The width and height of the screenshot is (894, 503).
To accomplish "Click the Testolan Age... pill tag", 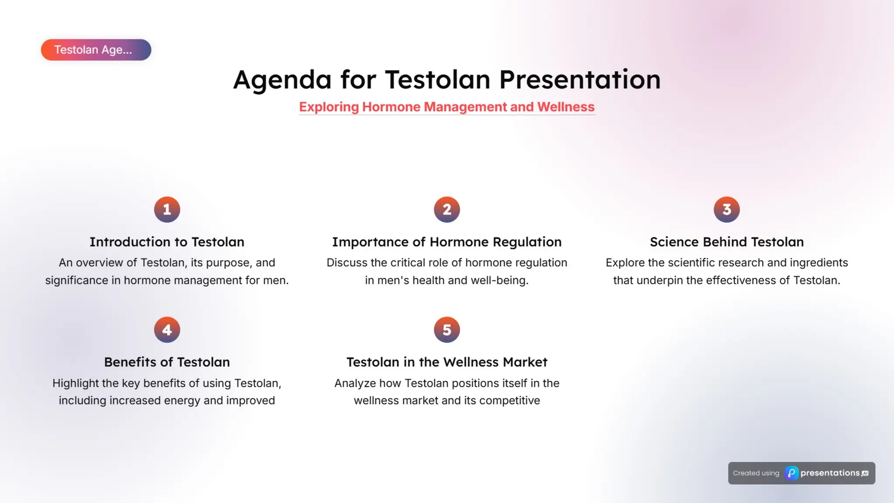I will point(96,50).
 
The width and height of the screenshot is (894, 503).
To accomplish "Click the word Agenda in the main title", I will point(282,80).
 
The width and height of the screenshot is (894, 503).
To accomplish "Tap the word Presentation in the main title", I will point(580,80).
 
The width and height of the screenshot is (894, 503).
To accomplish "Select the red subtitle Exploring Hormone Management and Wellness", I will point(447,107).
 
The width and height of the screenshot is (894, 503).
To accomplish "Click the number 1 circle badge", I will point(167,210).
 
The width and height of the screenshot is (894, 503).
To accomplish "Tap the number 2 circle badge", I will point(447,210).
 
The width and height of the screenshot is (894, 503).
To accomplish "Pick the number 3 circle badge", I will point(726,210).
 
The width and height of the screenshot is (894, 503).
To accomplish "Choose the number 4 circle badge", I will point(167,330).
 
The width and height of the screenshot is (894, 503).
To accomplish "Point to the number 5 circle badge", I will point(447,330).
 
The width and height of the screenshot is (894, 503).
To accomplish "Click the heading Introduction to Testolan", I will point(167,242).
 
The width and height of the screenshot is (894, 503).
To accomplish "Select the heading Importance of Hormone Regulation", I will point(447,242).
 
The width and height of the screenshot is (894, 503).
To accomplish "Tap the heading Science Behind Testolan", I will point(726,242).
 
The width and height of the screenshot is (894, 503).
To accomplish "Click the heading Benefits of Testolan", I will point(167,362).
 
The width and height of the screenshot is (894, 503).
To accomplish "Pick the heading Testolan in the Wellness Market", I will point(447,362).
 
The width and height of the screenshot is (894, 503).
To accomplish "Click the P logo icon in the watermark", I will point(791,473).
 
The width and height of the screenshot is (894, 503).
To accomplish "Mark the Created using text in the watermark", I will point(756,473).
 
